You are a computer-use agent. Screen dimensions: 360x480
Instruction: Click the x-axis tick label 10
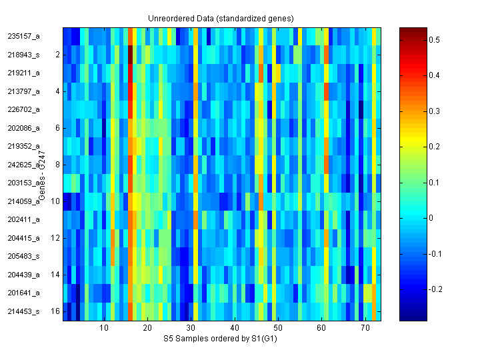[104, 329]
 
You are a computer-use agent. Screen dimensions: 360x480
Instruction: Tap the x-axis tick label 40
[235, 329]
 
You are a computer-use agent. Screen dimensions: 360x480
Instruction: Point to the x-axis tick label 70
[365, 329]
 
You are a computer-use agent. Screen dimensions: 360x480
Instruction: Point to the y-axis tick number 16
[56, 311]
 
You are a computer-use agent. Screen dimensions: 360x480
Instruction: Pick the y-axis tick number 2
[58, 55]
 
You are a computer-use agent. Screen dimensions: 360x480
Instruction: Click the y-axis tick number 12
[56, 237]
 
